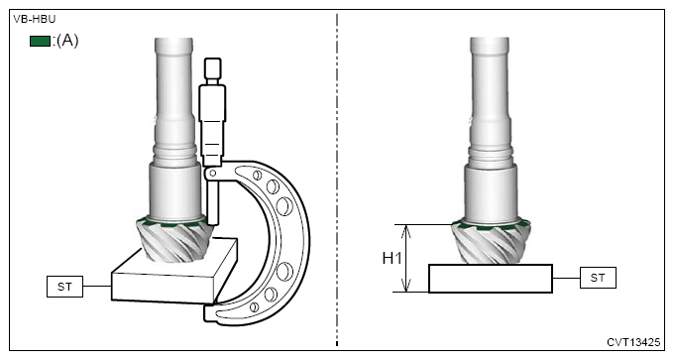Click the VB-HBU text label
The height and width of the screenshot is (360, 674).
coord(35,19)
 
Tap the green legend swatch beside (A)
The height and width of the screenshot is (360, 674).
coord(40,41)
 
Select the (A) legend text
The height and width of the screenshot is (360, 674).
coord(67,41)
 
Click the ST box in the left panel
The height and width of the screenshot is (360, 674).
coord(64,287)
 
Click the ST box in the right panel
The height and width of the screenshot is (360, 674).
coord(598,278)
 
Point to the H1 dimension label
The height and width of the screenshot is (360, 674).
coord(393,258)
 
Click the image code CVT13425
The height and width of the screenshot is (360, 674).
coord(633,342)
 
